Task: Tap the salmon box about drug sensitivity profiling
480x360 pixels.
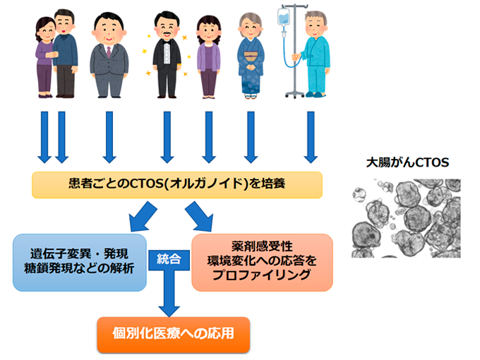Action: [261, 261]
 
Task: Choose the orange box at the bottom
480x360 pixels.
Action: [173, 334]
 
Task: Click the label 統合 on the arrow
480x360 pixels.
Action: [170, 258]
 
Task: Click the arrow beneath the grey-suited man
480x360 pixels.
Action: [109, 134]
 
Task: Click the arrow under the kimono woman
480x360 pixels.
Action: [249, 134]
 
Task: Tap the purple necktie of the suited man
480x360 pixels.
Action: [109, 52]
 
